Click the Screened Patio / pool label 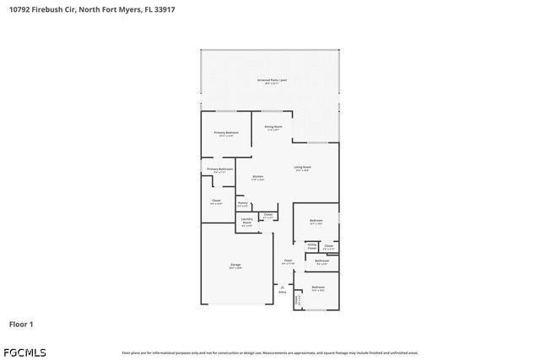click(271, 81)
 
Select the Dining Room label click(273, 128)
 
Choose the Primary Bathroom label click(219, 170)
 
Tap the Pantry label click(242, 203)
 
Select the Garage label click(235, 266)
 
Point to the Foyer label click(288, 261)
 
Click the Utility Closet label click(311, 246)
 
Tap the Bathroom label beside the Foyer click(321, 261)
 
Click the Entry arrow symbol click(282, 287)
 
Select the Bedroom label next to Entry click(318, 288)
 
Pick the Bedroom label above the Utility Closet click(316, 222)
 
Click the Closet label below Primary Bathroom click(216, 201)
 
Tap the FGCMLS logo click(28, 352)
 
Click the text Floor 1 click(21, 324)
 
